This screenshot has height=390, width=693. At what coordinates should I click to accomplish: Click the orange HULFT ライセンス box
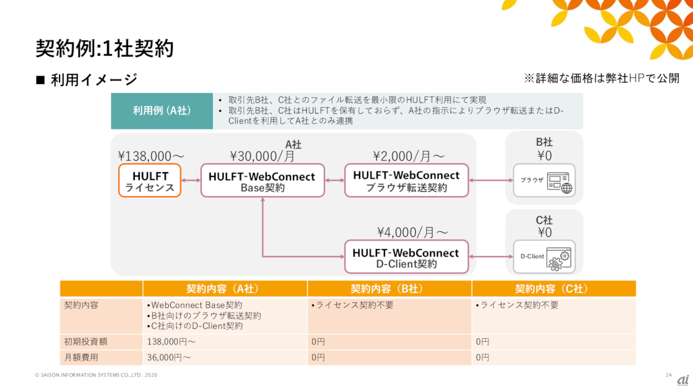[150, 180]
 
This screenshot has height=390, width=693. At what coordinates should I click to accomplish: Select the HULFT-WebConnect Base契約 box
[263, 180]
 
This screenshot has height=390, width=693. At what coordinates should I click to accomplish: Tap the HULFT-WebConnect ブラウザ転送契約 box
[407, 180]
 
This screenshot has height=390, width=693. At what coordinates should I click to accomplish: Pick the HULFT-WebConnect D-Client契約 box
[407, 257]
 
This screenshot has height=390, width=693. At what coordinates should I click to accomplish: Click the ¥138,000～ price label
[151, 156]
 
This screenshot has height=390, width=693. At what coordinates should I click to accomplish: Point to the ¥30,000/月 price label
[263, 156]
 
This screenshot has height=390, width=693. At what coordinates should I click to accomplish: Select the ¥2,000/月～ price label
[409, 156]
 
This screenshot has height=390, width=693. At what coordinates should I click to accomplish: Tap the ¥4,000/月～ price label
[413, 232]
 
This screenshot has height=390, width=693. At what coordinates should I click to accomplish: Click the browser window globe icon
[560, 183]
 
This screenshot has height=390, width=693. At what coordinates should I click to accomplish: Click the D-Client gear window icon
[559, 259]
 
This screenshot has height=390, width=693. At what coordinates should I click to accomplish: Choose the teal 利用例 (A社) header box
[162, 111]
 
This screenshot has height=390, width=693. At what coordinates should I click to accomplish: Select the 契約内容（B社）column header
[389, 289]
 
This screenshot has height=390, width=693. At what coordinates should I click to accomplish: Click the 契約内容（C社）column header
[554, 289]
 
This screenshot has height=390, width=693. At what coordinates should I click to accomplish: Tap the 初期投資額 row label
[86, 342]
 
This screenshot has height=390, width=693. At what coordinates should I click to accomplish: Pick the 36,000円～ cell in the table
[169, 357]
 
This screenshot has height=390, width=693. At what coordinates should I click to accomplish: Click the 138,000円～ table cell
[171, 342]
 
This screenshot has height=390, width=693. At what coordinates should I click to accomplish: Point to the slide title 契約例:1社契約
[104, 49]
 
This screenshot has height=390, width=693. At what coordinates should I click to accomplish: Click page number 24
[669, 375]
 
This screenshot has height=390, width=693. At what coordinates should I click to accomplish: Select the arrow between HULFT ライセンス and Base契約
[191, 180]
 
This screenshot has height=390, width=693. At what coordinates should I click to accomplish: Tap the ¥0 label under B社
[545, 155]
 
